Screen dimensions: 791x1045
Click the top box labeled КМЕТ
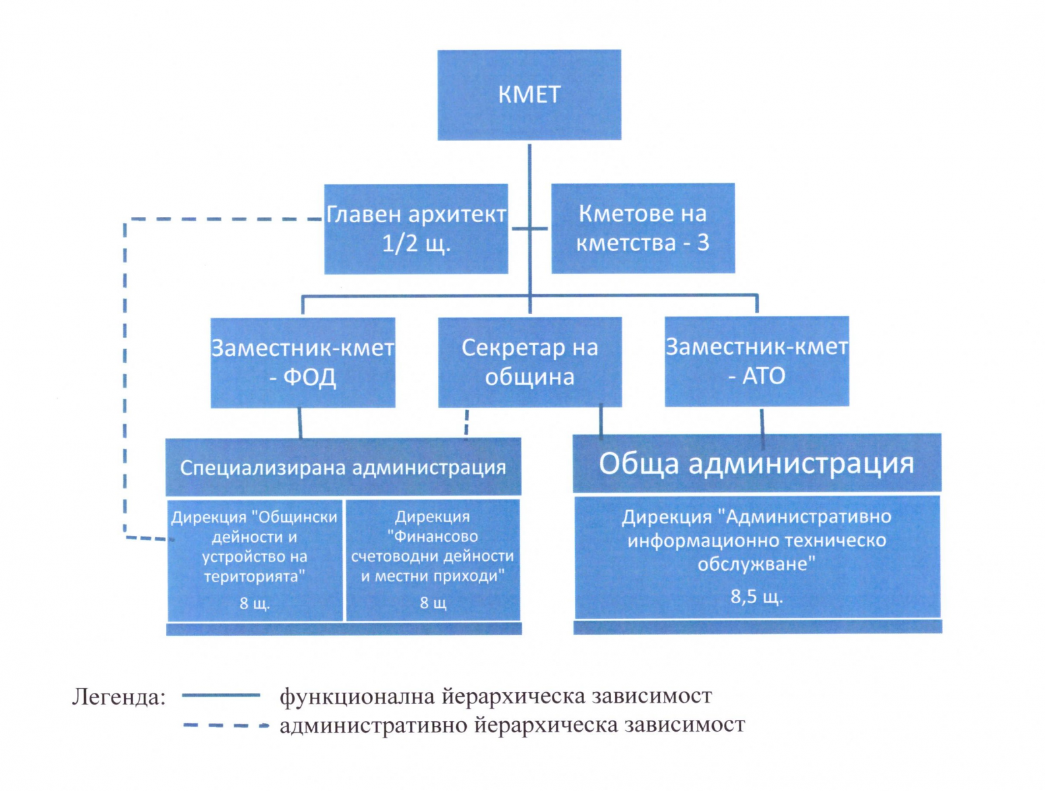529,95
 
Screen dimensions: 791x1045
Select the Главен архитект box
416,229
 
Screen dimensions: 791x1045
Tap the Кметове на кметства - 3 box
643,228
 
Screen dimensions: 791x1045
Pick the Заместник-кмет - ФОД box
303,362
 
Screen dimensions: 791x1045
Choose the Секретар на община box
529,362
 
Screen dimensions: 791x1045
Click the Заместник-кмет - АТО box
756,361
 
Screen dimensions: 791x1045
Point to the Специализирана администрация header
343,467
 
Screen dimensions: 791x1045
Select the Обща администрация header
756,463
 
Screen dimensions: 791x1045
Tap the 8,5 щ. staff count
756,597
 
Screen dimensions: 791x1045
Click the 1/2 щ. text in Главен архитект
416,244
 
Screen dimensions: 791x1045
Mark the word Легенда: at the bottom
119,697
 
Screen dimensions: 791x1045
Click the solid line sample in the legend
221,695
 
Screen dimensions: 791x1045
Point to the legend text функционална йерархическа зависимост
495,696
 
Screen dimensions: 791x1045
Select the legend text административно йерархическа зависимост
512,726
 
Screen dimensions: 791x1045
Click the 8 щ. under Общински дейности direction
254,603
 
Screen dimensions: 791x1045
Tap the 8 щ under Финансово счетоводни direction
433,603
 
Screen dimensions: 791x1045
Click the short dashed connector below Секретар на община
467,423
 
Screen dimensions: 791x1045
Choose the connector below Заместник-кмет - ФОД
300,423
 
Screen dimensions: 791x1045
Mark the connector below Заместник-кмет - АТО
762,421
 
